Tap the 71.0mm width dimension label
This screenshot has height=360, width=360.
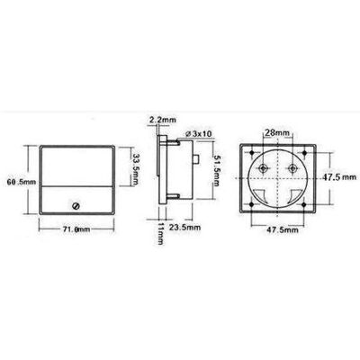[x=76, y=229]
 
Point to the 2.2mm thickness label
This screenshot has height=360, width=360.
[x=163, y=120]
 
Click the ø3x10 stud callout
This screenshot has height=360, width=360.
[x=199, y=134]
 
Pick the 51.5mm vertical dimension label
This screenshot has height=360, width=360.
[x=218, y=170]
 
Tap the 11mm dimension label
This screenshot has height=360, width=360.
[x=160, y=234]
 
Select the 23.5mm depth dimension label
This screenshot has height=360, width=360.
[x=184, y=228]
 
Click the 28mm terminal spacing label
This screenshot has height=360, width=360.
[x=278, y=133]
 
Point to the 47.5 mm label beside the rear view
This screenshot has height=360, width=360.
[x=339, y=177]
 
